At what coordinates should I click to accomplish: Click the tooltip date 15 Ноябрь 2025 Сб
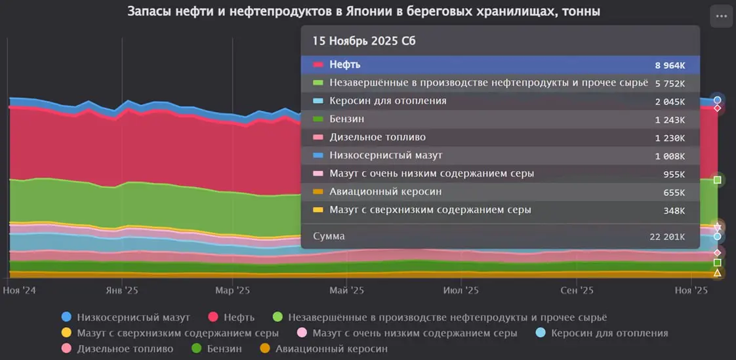tap(363, 41)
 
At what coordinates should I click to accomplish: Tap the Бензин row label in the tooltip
tap(347, 119)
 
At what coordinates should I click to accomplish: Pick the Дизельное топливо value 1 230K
tap(670, 138)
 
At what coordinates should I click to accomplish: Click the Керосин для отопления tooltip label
tap(388, 101)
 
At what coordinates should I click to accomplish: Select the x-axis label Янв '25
tap(121, 290)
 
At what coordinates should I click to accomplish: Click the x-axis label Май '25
tap(347, 290)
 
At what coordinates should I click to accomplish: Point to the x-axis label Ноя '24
tap(20, 290)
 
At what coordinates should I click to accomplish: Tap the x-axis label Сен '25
tap(578, 290)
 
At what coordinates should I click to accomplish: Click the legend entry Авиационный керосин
tap(331, 349)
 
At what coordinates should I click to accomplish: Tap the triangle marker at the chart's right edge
tap(717, 273)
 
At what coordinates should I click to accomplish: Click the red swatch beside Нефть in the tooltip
tap(319, 65)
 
